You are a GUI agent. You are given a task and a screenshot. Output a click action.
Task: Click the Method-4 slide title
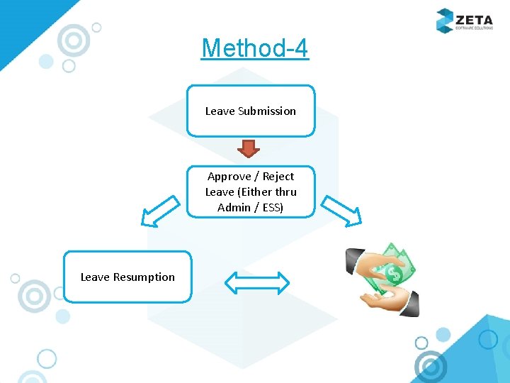[255, 48]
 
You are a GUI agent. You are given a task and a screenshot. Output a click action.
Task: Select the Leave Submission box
[251, 111]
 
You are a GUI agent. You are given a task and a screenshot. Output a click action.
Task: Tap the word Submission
[267, 111]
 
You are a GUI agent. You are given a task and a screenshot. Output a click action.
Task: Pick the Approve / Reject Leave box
[251, 191]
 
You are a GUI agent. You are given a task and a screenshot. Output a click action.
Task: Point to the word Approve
[229, 177]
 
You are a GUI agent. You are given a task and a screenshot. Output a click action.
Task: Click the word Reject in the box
[278, 177]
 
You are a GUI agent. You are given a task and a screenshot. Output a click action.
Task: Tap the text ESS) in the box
[272, 208]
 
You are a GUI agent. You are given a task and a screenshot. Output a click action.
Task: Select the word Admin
[234, 208]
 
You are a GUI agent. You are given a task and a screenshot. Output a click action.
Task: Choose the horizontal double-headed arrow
[257, 283]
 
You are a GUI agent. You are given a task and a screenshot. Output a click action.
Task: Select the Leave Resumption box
[127, 277]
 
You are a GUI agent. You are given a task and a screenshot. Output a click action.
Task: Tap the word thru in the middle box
[284, 192]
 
